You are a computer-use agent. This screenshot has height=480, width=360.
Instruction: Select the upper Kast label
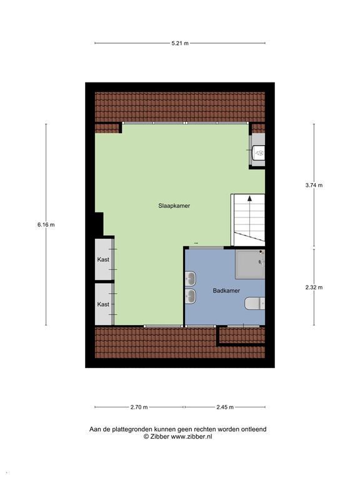pyautogui.click(x=103, y=259)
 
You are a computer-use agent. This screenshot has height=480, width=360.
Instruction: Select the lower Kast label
pyautogui.click(x=103, y=304)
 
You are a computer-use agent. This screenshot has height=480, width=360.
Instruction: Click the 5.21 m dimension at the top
pyautogui.click(x=180, y=43)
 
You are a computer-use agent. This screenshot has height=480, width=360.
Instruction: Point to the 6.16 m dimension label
pyautogui.click(x=46, y=225)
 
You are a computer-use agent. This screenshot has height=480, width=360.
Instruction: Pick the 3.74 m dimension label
pyautogui.click(x=314, y=185)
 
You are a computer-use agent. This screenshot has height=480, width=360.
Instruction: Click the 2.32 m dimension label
pyautogui.click(x=314, y=287)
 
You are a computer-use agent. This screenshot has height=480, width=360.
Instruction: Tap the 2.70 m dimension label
pyautogui.click(x=139, y=407)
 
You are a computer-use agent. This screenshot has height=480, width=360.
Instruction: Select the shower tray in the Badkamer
pyautogui.click(x=249, y=264)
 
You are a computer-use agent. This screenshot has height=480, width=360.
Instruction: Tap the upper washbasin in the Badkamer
pyautogui.click(x=191, y=277)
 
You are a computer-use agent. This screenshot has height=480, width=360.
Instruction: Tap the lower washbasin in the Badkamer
pyautogui.click(x=191, y=294)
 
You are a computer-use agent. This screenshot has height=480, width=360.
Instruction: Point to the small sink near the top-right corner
pyautogui.click(x=258, y=151)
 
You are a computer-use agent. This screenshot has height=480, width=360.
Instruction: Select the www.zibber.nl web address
pyautogui.click(x=192, y=437)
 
